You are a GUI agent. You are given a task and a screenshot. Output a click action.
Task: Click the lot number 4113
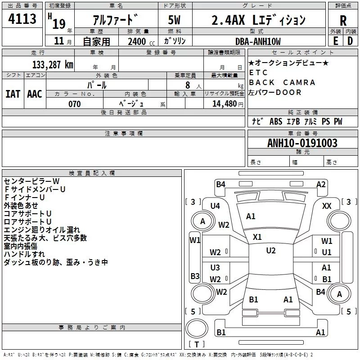point(22,19)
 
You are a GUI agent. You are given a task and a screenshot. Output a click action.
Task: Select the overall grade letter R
point(343,21)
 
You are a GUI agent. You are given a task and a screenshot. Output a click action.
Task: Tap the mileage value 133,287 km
point(53,65)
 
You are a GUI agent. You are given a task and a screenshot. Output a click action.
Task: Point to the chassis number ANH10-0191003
point(302,143)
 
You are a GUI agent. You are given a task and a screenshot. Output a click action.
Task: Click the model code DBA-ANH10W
point(258,41)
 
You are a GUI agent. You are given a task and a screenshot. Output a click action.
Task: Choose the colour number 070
point(75,104)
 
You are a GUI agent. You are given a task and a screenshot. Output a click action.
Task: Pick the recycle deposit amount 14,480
point(224,104)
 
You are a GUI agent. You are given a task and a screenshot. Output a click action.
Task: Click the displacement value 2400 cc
point(141,41)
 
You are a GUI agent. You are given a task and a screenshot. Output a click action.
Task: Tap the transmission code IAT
point(13,94)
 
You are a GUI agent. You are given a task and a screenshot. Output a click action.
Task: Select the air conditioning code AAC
point(35,94)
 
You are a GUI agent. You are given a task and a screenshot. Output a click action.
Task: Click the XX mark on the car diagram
point(327,206)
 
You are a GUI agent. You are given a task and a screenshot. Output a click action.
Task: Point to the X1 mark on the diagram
point(257,237)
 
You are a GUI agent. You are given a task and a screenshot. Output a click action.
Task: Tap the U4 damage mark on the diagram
point(215,206)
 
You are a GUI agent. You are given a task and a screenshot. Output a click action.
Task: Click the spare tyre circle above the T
point(197,328)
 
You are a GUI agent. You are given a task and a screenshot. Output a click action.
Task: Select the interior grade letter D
point(350,41)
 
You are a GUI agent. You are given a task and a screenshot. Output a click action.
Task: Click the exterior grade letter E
point(336,41)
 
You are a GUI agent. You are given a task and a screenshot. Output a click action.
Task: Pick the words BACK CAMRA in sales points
point(282,82)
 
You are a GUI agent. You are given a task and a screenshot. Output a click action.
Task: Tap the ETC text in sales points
point(258,72)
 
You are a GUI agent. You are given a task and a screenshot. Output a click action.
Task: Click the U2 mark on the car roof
point(271,250)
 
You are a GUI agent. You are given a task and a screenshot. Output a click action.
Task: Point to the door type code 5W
point(174,20)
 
